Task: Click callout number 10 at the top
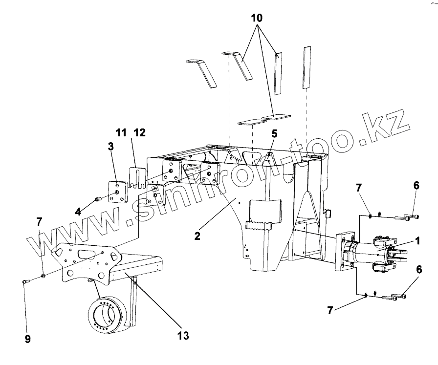point(257,19)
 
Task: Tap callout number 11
point(121,132)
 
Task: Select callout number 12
point(139,132)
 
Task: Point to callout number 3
point(111,147)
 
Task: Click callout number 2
point(197,236)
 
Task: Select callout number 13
point(183,336)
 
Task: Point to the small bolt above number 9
point(26,281)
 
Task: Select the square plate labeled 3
point(118,192)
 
